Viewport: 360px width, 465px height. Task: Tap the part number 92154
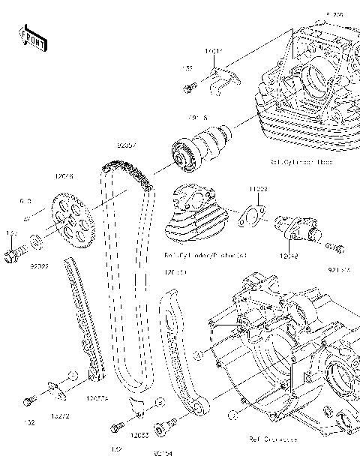162,452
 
